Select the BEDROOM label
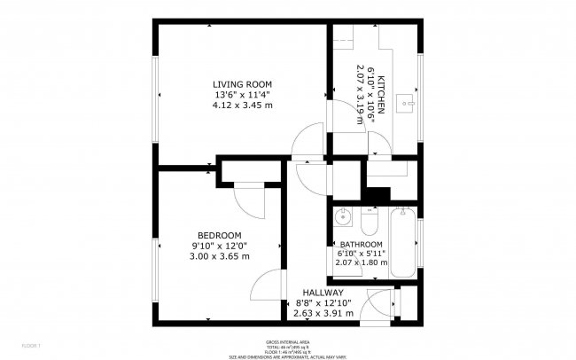click(x=219, y=235)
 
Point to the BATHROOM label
click(x=361, y=245)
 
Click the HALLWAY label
click(x=323, y=293)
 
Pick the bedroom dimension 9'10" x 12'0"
click(x=219, y=246)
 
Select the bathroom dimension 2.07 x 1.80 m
click(x=361, y=262)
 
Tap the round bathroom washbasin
click(x=344, y=217)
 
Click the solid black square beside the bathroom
click(x=377, y=195)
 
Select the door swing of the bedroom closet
click(x=252, y=201)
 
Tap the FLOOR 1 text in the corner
click(x=19, y=344)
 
